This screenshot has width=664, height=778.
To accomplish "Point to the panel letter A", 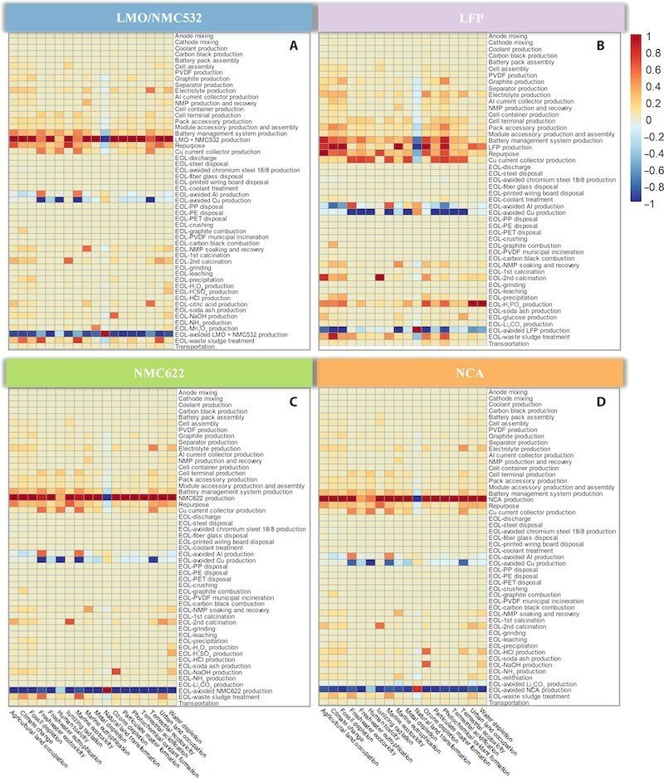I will click(x=293, y=47).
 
